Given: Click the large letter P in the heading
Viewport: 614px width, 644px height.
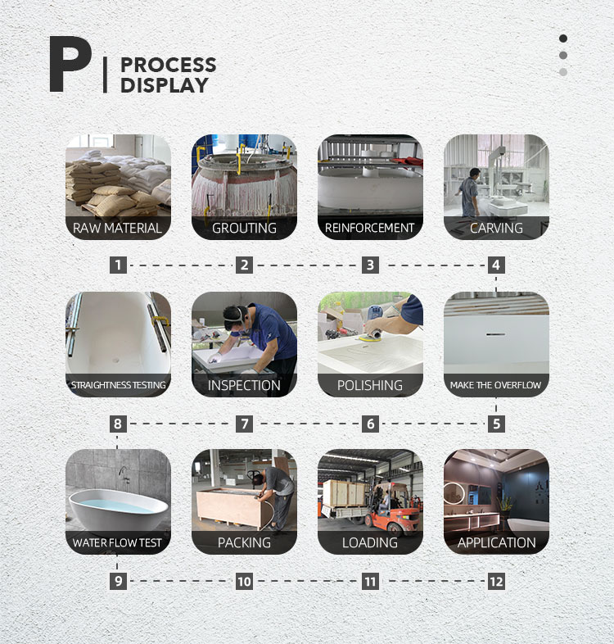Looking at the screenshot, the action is coord(70,64).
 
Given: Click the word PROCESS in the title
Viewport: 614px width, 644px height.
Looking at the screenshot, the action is coord(169,65).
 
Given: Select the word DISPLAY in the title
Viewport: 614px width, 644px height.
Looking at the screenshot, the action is coord(165,85).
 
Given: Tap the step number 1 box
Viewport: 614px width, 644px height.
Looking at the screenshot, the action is coord(118,265).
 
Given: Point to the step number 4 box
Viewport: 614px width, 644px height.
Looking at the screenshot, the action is coord(496,265).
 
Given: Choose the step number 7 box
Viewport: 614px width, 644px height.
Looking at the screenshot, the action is coord(244,424).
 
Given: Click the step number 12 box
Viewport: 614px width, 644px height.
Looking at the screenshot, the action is coord(496,581).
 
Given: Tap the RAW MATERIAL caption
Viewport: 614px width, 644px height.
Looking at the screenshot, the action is coord(117,228).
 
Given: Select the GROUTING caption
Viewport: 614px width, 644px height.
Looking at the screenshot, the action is coord(244,228).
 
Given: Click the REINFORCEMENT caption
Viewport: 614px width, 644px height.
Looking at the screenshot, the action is coord(369,228).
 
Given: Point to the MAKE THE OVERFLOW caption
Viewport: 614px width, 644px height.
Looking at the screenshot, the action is coord(495,385).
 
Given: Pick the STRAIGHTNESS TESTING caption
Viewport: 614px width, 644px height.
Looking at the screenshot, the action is coord(118,385).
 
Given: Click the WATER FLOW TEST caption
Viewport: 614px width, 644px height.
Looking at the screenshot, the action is coord(117,543).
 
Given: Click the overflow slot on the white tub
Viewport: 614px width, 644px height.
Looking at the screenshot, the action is coord(496,334).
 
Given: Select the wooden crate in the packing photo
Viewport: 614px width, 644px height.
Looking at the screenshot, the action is coord(228,509).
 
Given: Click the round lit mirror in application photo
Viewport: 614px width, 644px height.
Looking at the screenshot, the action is coord(454,492).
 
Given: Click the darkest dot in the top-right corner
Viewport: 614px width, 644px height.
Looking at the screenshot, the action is coord(563,39).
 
